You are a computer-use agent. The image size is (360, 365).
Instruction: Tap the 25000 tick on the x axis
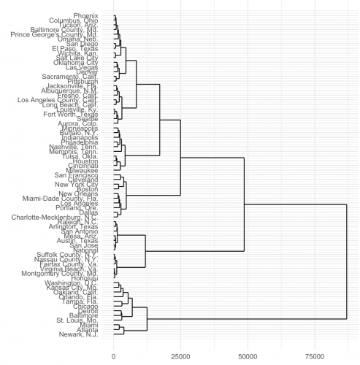[x=180, y=356]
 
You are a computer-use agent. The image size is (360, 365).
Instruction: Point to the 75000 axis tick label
[x=315, y=356]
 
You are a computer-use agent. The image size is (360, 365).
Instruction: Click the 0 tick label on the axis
[x=113, y=356]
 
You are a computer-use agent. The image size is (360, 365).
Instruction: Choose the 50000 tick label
[x=248, y=356]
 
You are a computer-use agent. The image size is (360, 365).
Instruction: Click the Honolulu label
[x=94, y=277]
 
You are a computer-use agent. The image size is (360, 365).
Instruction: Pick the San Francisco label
[x=83, y=175]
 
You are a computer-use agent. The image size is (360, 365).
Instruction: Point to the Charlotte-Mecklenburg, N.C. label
[x=60, y=217]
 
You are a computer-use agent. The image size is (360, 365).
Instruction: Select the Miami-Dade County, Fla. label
[x=67, y=199]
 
